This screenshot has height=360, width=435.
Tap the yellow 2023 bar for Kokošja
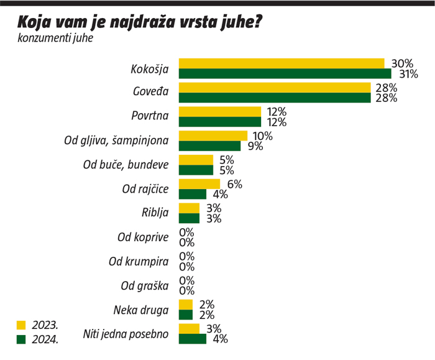point(282,63)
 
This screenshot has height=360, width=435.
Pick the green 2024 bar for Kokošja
point(285,73)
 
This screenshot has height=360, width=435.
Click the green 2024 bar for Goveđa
point(275,98)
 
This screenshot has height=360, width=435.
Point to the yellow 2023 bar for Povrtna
point(220,111)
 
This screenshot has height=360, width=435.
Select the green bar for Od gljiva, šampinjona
point(209,146)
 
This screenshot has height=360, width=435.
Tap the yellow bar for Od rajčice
point(199,184)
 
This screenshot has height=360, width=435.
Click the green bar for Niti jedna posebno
point(193,339)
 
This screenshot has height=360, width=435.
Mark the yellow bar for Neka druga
point(186,304)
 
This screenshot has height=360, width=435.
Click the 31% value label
point(408,74)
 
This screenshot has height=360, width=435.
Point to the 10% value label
point(262,136)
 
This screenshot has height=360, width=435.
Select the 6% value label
point(234,184)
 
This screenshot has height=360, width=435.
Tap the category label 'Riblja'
point(155,213)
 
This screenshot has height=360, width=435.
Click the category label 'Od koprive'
point(143,237)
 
